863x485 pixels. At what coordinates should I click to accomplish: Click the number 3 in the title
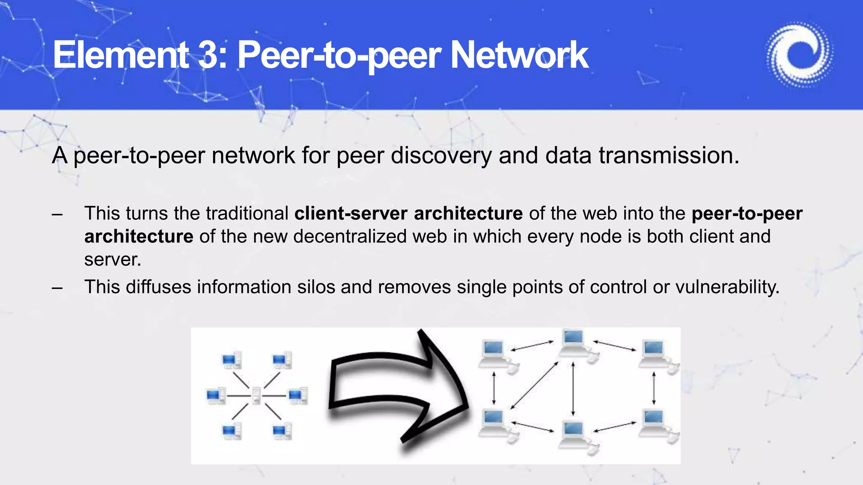(208, 55)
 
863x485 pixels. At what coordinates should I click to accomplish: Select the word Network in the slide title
(519, 55)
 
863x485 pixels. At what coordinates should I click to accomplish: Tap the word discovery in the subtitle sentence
(441, 155)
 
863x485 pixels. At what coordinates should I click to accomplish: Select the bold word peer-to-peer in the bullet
(747, 213)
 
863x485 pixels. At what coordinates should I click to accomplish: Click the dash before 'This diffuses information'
(57, 288)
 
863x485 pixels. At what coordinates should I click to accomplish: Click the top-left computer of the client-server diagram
(231, 360)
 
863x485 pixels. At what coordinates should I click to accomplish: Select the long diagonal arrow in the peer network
(534, 385)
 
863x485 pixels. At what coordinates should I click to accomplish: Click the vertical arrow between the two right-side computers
(654, 387)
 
